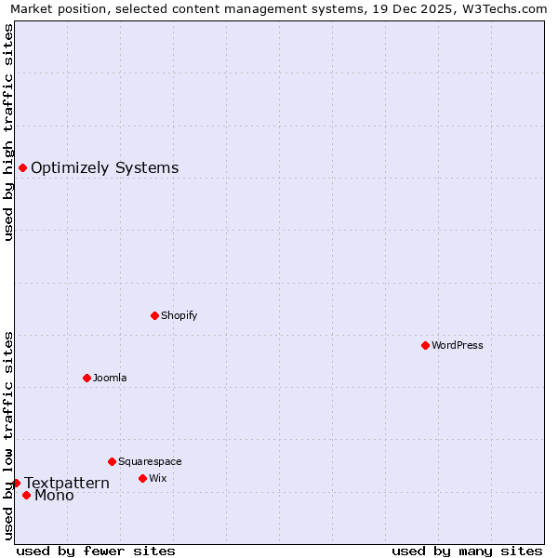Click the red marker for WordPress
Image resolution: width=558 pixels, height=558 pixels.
[x=425, y=345]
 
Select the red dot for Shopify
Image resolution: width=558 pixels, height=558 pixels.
[x=154, y=315]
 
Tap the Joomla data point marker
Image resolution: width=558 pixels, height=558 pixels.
[x=86, y=378]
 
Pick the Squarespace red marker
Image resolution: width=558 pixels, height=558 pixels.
[x=112, y=461]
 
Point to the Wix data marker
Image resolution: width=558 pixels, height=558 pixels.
[x=142, y=478]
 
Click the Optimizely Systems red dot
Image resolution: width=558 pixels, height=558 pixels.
[x=22, y=167]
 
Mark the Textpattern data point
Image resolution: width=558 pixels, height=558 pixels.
[x=16, y=483]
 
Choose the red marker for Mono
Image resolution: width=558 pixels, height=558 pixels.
[x=26, y=495]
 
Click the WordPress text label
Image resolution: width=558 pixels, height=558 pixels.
[x=458, y=345]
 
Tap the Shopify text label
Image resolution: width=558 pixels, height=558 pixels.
[x=179, y=315]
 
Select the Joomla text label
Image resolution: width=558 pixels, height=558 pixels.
[x=110, y=378]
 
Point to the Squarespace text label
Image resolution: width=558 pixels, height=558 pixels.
[x=150, y=461]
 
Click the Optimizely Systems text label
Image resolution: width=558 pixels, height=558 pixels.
[x=104, y=168]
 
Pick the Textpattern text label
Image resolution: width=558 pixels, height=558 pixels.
[x=67, y=484]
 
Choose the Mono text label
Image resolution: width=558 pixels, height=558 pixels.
[x=54, y=496]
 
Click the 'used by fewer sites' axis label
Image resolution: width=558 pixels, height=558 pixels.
[x=96, y=551]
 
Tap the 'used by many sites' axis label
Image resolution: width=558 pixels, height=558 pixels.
[x=467, y=551]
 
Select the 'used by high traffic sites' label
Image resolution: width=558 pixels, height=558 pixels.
[x=8, y=132]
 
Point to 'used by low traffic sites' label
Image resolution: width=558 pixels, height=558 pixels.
[x=8, y=435]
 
